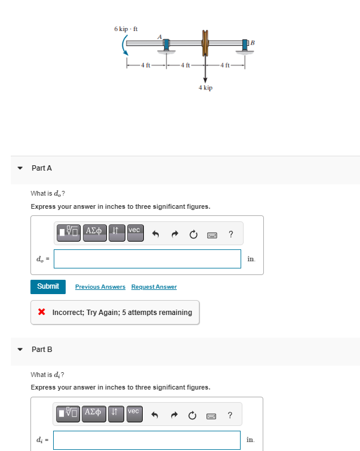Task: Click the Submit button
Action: click(48, 286)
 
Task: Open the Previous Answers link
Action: click(100, 287)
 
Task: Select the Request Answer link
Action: click(154, 287)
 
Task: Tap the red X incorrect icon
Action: click(42, 312)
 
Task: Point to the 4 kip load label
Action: click(205, 88)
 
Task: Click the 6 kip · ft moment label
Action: click(126, 29)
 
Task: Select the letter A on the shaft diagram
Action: click(159, 37)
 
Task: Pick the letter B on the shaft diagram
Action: click(252, 42)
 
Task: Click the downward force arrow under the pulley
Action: click(205, 72)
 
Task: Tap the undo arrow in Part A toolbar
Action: click(156, 233)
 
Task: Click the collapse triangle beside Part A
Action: click(20, 168)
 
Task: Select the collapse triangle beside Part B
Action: click(20, 350)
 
